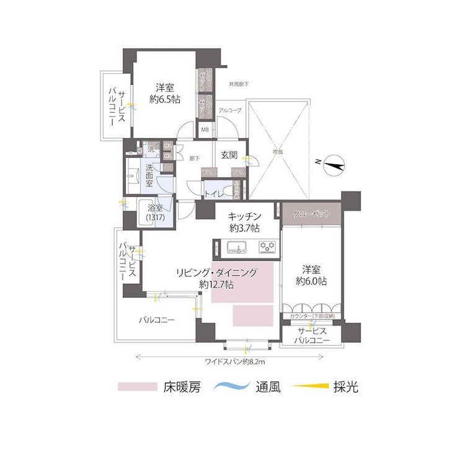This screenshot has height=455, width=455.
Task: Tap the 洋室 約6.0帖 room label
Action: pyautogui.click(x=311, y=275)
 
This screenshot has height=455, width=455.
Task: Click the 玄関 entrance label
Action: pyautogui.click(x=229, y=155)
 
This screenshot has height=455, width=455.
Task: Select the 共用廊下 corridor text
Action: pyautogui.click(x=238, y=84)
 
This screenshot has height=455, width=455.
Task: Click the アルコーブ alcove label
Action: pyautogui.click(x=230, y=110)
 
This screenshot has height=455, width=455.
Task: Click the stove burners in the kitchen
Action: pyautogui.click(x=268, y=247)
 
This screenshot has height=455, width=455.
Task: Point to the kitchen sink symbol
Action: pyautogui.click(x=236, y=247)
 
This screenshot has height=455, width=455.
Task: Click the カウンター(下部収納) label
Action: pyautogui.click(x=312, y=317)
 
